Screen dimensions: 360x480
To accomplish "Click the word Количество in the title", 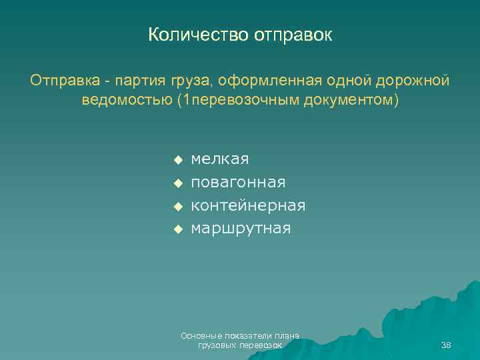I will [x=197, y=35].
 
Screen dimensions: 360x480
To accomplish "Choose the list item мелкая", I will [x=220, y=159].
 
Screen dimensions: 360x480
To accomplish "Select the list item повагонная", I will [x=238, y=182].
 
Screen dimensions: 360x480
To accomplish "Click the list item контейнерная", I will [x=248, y=205].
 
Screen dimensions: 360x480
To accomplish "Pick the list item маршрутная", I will [x=241, y=229].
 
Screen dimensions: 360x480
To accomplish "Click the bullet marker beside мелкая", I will [x=177, y=160].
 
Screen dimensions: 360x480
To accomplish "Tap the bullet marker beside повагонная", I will [x=177, y=183].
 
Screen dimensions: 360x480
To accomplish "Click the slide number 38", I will [x=446, y=345].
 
